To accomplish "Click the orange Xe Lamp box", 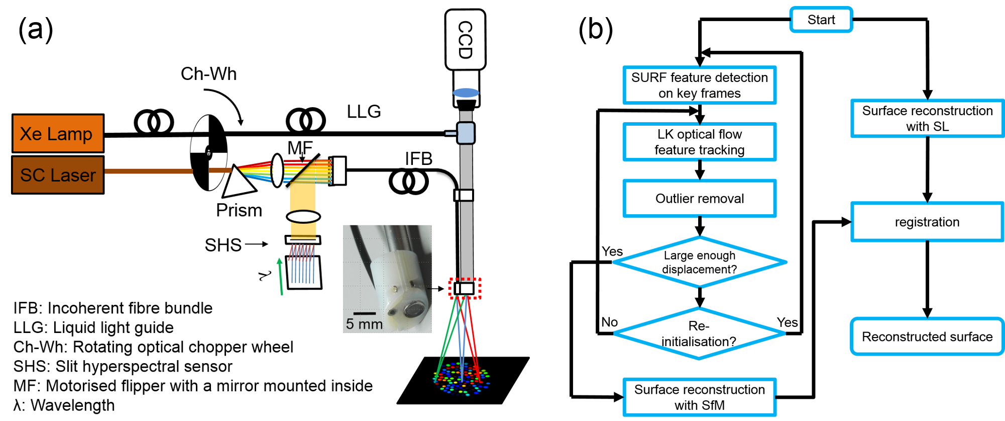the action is [58, 133].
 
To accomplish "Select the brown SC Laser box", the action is [58, 175].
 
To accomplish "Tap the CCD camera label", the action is [466, 40].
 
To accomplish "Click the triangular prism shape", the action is [238, 181].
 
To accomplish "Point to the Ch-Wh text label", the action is [208, 74].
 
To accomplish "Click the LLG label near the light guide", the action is [364, 111].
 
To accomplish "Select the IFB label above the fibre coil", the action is [418, 159].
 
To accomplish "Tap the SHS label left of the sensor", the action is [223, 245].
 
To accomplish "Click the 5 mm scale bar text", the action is [364, 324].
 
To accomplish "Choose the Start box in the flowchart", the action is [821, 20].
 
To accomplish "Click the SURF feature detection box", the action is [700, 85].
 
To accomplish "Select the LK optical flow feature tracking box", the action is [700, 142].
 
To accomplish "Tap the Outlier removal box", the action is [700, 199].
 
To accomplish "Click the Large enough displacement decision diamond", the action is [700, 262].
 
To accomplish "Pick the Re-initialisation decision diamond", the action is [700, 333].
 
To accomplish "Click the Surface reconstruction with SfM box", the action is [700, 397].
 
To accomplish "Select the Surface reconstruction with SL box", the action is [927, 118].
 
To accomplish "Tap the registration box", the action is [927, 222].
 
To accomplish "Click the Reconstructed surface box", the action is [927, 336].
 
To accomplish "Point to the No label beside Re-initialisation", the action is [610, 322].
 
